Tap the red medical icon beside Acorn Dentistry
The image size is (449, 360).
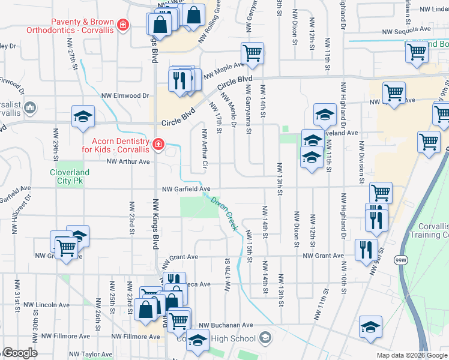point(158,144)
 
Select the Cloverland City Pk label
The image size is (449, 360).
point(69,177)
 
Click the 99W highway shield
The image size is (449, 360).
point(400,260)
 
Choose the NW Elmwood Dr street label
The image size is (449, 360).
point(125,95)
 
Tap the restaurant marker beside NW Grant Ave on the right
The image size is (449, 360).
point(366,249)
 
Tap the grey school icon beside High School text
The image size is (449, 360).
point(264,339)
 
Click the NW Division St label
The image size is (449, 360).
point(361,163)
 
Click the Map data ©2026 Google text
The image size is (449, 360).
point(412,355)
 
